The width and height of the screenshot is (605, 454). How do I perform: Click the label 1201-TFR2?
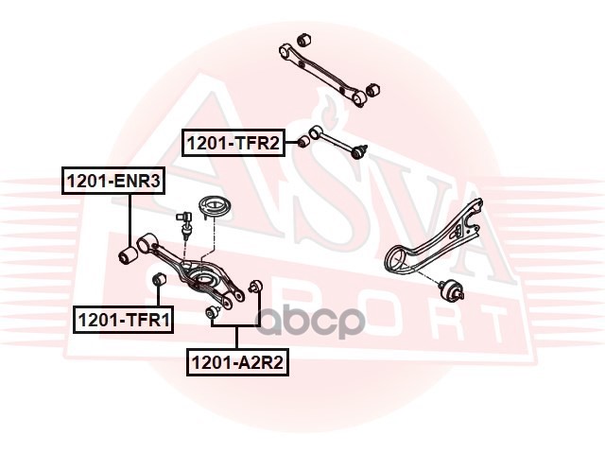233,144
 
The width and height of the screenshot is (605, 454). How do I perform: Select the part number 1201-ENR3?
112,180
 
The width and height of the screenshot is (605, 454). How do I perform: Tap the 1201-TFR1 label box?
124,320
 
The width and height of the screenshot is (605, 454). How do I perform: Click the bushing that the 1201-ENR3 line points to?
130,254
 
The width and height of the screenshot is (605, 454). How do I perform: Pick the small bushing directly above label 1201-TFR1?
159,279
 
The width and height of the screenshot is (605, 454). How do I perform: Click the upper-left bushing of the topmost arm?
303,40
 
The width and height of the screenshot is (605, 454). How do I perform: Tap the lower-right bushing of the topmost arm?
372,89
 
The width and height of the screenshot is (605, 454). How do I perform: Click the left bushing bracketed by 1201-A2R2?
213,311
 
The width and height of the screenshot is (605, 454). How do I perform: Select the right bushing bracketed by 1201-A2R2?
253,287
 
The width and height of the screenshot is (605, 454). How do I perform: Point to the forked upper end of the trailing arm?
473,212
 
